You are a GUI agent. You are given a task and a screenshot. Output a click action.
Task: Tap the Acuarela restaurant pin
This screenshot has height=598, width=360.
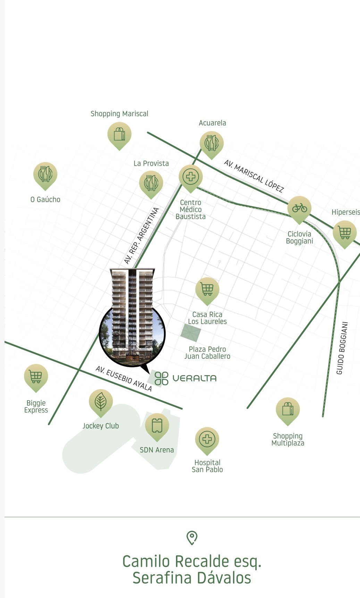[211, 144]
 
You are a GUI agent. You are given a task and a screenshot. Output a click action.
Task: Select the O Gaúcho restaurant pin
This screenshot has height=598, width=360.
[45, 175]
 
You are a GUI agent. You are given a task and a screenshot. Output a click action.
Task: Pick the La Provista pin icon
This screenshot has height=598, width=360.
[151, 184]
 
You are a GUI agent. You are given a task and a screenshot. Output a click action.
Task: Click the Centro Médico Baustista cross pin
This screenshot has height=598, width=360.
[191, 178]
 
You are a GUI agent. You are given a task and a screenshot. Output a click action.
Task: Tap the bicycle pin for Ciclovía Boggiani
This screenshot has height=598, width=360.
[299, 209]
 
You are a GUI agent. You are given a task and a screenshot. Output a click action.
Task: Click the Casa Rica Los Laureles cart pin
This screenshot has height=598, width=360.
[207, 291]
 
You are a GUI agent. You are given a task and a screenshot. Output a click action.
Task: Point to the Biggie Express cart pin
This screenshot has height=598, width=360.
[36, 378]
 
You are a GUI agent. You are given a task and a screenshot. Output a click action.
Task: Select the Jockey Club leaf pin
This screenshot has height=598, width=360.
[101, 402]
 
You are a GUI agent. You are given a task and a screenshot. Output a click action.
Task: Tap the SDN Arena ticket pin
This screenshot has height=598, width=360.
[157, 427]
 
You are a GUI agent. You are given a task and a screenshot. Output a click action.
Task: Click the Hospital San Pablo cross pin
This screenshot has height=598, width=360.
[207, 441]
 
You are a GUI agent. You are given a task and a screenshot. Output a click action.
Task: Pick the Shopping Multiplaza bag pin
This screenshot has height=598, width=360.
[288, 411]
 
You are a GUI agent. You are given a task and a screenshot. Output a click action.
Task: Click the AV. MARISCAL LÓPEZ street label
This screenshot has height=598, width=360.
[254, 176]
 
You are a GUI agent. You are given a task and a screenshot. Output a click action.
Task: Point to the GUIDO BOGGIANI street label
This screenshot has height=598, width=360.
[342, 348]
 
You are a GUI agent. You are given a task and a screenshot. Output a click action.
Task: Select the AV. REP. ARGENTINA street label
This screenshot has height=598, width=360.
[141, 236]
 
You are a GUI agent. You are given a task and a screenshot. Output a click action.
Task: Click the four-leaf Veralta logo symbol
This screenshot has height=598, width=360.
[161, 379]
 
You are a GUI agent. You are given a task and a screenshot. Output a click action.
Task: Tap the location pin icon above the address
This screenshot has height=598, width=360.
[192, 538]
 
